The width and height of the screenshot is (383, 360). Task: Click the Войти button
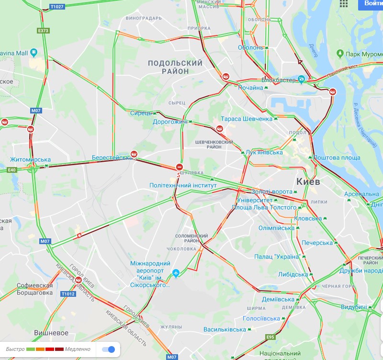(x=373, y=4)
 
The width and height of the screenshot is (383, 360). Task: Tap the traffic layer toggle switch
(x=108, y=349)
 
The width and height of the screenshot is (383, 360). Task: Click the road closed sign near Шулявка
(x=179, y=167)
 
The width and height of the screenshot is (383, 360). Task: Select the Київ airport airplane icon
(x=176, y=273)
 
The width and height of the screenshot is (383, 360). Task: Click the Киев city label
(x=308, y=182)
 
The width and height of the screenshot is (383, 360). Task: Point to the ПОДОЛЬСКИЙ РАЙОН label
(x=175, y=67)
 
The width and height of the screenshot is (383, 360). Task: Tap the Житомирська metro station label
(x=30, y=159)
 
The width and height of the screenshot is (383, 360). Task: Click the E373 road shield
(x=43, y=31)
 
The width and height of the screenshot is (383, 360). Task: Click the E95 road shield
(x=270, y=337)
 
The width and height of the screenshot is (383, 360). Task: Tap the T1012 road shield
(x=68, y=293)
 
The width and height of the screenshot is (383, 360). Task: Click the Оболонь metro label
(x=251, y=47)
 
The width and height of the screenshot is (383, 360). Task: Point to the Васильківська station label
(x=225, y=329)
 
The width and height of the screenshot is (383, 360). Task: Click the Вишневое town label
(x=51, y=333)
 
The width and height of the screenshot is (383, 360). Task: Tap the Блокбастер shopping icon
(x=301, y=79)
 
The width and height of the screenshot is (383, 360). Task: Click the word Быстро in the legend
(x=15, y=349)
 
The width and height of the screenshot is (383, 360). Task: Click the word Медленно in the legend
(x=78, y=349)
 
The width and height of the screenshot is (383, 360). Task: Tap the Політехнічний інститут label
(x=183, y=185)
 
